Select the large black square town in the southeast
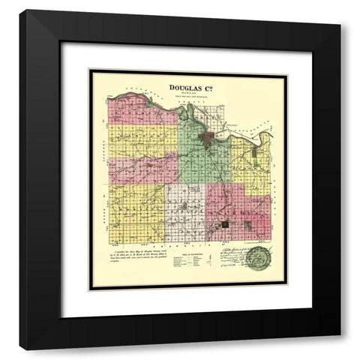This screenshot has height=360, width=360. pos(225,223)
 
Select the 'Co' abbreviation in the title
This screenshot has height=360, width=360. pos(206,86)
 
